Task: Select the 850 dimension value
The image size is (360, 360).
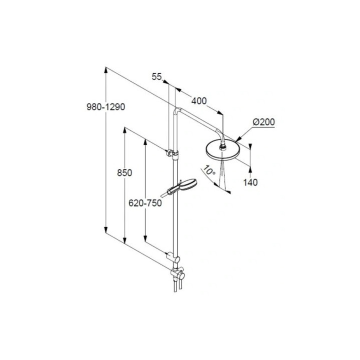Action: (124, 173)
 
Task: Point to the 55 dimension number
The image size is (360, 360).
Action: (156, 76)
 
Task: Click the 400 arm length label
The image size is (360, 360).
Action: (198, 101)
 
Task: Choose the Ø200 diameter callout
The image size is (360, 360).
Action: (263, 122)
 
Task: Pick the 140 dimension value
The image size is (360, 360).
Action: (250, 182)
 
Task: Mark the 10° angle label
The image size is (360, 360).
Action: (208, 171)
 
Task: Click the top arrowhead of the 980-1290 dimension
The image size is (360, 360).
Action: (105, 70)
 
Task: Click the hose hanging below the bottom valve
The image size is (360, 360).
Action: (173, 287)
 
